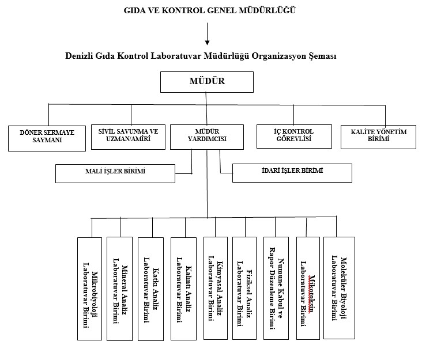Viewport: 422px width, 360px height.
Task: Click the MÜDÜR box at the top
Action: (206, 81)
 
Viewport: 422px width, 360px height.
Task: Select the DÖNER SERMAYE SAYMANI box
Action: (47, 137)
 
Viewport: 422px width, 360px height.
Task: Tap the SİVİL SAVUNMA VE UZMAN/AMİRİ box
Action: (129, 136)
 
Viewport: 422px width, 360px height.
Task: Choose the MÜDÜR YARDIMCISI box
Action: (207, 136)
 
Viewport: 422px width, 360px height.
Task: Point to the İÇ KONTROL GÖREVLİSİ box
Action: (294, 136)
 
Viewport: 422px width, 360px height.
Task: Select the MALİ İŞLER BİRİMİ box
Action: (115, 173)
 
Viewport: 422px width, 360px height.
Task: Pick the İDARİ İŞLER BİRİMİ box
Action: (292, 172)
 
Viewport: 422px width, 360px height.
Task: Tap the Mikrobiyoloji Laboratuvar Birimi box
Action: (89, 288)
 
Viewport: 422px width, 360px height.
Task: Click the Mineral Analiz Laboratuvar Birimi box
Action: (119, 288)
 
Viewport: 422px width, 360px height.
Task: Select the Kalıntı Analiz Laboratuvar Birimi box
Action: (184, 288)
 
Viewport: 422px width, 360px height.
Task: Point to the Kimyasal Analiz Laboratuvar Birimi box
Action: (216, 288)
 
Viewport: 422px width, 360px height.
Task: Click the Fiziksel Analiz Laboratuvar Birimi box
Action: (244, 288)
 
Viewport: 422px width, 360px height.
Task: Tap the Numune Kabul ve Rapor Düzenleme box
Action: (276, 288)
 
